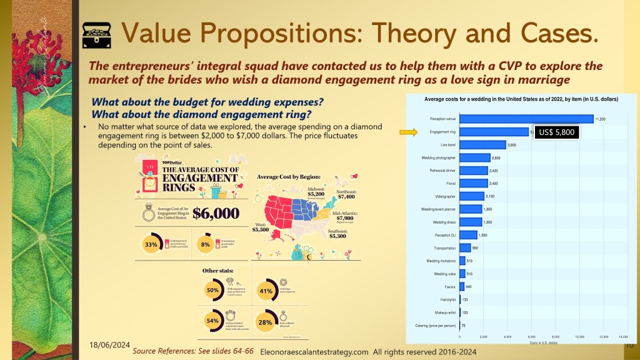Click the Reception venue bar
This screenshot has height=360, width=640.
coord(526,119)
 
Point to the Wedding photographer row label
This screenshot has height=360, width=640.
coord(441,157)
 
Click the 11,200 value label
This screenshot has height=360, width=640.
coord(601,119)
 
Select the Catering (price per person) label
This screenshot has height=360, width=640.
coord(436,325)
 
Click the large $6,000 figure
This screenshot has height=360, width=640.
coord(216,213)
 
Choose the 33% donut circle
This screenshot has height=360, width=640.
coord(151,245)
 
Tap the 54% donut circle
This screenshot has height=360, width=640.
coord(213,321)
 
